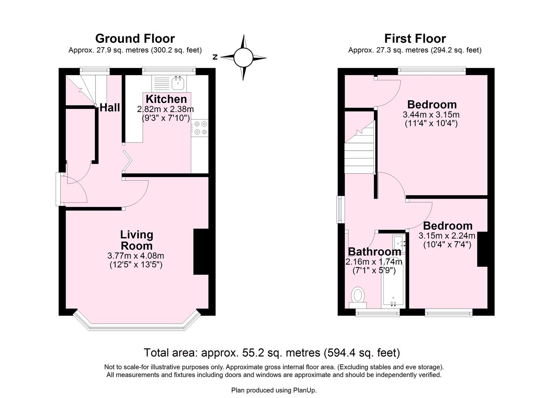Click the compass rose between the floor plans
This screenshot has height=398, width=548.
pyautogui.click(x=243, y=57)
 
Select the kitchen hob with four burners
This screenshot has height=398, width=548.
pyautogui.click(x=200, y=128)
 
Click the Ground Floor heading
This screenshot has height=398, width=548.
pyautogui.click(x=135, y=38)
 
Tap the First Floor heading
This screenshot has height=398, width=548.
pyautogui.click(x=415, y=38)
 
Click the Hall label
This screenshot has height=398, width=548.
pyautogui.click(x=110, y=107)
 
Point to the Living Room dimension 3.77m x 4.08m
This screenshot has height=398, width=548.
pyautogui.click(x=135, y=256)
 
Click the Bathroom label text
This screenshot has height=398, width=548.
pyautogui.click(x=374, y=252)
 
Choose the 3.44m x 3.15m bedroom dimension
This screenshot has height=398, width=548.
pyautogui.click(x=431, y=115)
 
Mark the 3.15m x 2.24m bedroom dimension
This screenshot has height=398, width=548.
pyautogui.click(x=447, y=235)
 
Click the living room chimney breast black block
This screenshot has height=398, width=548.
pyautogui.click(x=201, y=252)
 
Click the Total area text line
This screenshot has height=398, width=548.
pyautogui.click(x=272, y=353)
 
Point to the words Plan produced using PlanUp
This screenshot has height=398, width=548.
pyautogui.click(x=274, y=390)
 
